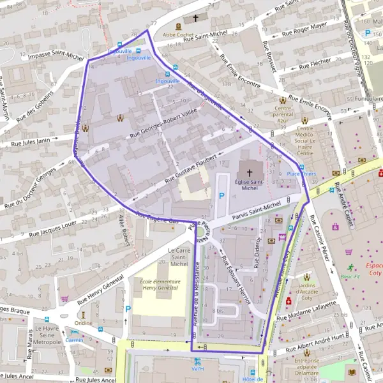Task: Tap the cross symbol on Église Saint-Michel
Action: (x=249, y=172)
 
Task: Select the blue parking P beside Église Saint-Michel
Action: (x=222, y=196)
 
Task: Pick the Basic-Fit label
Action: (x=349, y=276)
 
